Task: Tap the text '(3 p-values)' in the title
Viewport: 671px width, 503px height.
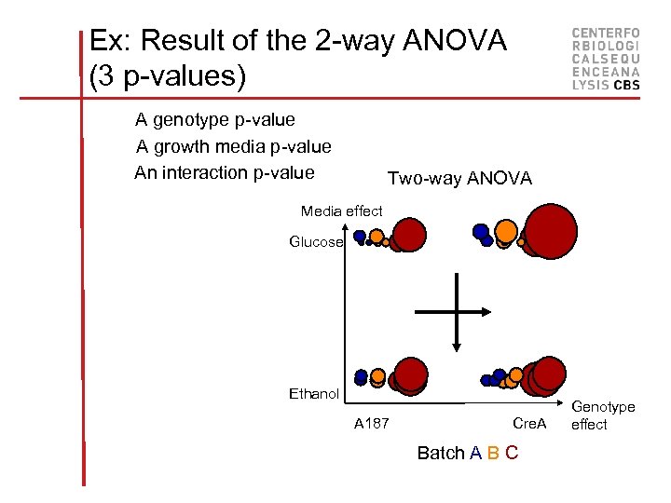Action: pos(168,76)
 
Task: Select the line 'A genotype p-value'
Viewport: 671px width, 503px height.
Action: pos(214,119)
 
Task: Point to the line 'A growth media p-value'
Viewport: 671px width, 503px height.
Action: pos(233,146)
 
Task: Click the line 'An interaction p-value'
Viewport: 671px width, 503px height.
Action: pos(224,172)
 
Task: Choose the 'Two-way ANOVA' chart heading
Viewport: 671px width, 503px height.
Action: pos(459,178)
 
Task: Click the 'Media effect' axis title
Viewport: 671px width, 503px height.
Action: pos(341,211)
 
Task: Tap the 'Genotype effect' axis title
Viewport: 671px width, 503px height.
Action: pos(603,415)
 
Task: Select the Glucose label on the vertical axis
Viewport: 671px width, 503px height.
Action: pos(316,242)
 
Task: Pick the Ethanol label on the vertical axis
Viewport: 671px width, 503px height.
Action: pos(314,394)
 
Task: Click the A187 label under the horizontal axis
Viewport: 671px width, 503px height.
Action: pos(372,424)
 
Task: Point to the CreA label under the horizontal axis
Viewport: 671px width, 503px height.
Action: pos(529,424)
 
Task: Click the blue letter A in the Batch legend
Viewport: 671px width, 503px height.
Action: pos(475,454)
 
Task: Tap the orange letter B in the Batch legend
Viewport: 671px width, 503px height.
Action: pos(493,454)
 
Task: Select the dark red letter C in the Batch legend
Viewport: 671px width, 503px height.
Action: pos(512,454)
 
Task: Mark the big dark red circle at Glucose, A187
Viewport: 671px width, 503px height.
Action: pos(410,235)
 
